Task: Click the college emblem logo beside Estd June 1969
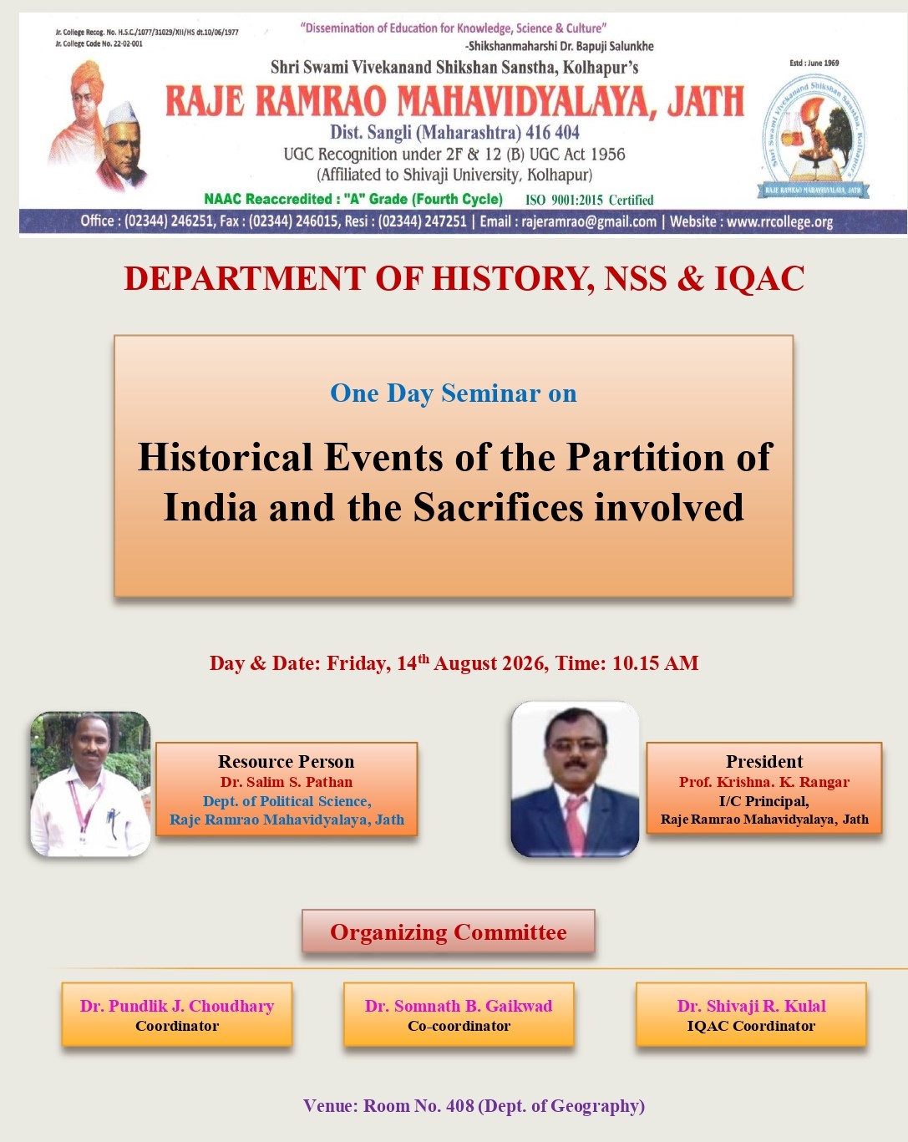tap(813, 136)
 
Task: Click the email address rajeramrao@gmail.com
tap(589, 221)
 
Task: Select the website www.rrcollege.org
tap(779, 221)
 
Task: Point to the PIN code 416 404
tap(552, 132)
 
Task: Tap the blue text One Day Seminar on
tap(454, 393)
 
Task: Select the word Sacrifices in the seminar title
tap(498, 507)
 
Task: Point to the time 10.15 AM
tap(656, 662)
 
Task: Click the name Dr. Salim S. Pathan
tap(287, 782)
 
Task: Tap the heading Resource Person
tap(286, 762)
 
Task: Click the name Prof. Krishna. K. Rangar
tap(764, 782)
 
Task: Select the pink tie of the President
tap(575, 825)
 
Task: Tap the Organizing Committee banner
tap(449, 932)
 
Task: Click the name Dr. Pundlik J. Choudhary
tap(177, 1006)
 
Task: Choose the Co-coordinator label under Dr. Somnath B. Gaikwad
tap(459, 1026)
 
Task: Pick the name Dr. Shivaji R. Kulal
tap(752, 1006)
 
